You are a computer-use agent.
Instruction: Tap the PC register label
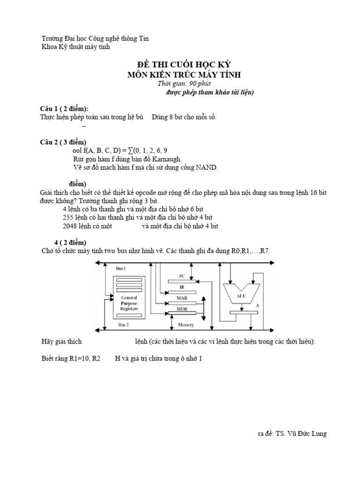[182, 276]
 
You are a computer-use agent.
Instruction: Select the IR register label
[182, 287]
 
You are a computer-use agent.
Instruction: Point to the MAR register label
[182, 298]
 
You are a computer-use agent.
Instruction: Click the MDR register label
[182, 309]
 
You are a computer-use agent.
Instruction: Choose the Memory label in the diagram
[186, 325]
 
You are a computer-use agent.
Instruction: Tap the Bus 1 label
[120, 269]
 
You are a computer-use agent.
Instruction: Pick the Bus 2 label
[123, 324]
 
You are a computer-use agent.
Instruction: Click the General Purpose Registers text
[129, 303]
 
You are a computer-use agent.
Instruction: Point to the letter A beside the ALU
[257, 306]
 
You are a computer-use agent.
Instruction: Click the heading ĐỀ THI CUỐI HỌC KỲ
[184, 65]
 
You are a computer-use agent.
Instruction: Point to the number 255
[67, 217]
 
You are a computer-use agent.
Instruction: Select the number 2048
[69, 226]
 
